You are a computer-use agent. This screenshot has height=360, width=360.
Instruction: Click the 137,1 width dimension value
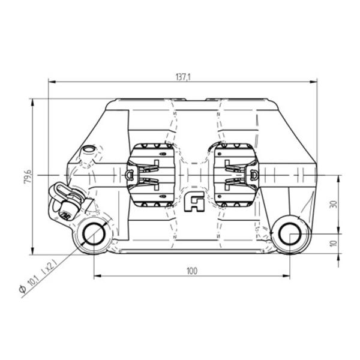pos(183,77)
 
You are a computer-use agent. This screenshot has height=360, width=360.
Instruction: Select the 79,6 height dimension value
pos(28,176)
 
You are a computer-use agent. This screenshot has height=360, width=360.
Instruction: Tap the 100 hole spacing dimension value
pos(192,271)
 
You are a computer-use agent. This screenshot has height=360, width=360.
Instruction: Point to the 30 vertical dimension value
pos(334,205)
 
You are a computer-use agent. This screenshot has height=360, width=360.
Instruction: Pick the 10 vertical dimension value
pos(334,244)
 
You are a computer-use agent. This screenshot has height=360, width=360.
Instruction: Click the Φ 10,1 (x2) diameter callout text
pos(37,277)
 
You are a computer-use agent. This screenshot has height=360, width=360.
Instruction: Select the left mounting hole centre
pos(94,234)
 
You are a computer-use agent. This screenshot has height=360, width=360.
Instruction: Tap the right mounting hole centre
pos(290,234)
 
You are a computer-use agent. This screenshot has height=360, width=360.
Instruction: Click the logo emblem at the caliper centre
pos(194,202)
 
